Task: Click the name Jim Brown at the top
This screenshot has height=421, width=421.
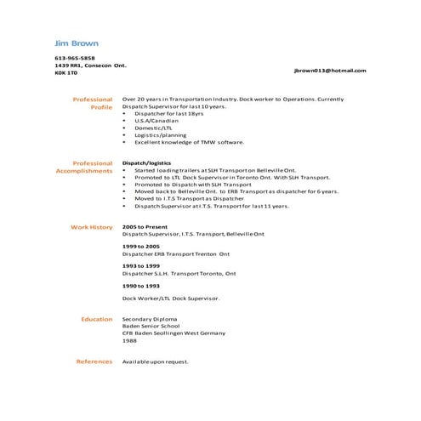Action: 76,43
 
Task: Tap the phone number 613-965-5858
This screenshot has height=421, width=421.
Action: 76,59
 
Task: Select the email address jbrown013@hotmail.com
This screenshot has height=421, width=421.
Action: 330,71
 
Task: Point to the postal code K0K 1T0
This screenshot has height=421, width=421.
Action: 65,73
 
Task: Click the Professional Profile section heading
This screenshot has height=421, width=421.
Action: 93,104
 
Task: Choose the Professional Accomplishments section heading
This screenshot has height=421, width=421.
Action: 84,167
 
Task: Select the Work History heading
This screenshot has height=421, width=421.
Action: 91,228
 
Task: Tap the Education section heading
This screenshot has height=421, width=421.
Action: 97,319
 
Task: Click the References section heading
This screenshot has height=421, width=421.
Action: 94,361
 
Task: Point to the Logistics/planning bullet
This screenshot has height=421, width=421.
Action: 160,134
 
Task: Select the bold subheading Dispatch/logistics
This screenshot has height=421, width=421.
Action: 146,162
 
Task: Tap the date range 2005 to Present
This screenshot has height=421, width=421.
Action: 145,227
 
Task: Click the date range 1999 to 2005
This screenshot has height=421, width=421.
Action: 140,246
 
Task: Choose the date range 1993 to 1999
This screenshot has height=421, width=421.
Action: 140,265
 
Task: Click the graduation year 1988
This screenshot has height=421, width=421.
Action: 129,340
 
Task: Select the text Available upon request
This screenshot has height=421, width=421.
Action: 156,361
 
